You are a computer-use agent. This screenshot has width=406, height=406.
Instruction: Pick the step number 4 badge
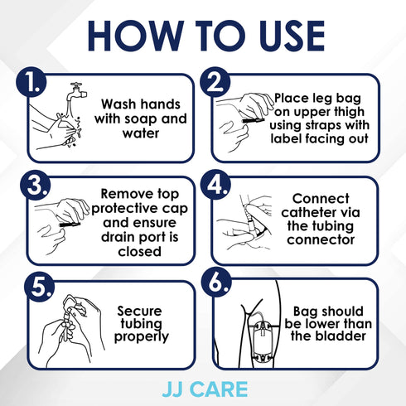point(216,187)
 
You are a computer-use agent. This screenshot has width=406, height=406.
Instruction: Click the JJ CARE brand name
point(203,388)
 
